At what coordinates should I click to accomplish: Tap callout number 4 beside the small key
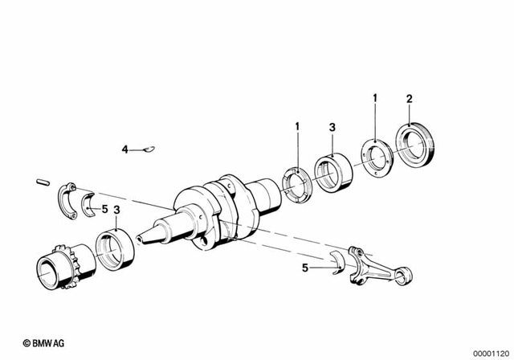click(124, 149)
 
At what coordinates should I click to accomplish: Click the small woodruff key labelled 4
click(149, 149)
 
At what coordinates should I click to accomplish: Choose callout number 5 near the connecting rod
click(305, 268)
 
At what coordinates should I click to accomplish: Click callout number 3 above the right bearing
click(332, 127)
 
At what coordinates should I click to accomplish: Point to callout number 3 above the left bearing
click(118, 211)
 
